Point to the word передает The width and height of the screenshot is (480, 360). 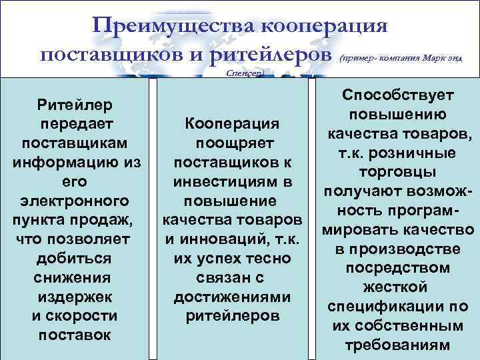point(75,123)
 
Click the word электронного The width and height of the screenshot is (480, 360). point(75,200)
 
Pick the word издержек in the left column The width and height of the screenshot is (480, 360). point(75,296)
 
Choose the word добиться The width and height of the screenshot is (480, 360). point(75,258)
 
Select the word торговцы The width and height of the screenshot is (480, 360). point(397,172)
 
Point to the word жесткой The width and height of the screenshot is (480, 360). point(397,287)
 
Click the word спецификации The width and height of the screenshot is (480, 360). point(386,307)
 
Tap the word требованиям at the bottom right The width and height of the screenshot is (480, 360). point(397,345)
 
